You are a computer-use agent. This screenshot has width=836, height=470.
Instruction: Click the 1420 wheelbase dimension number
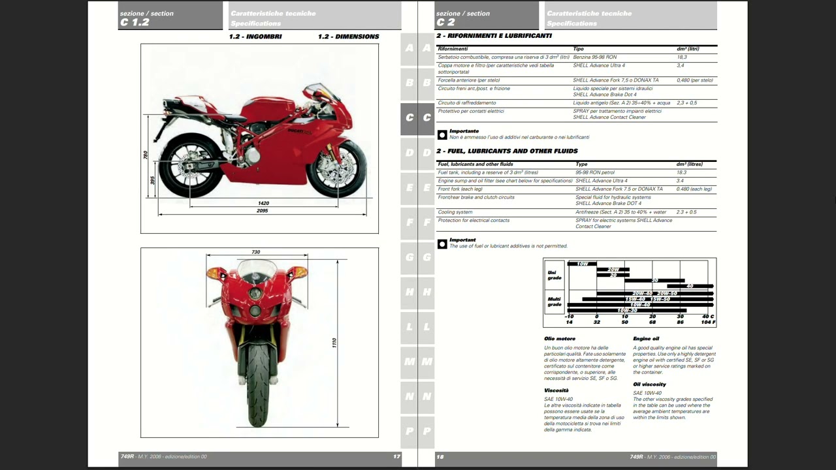(x=264, y=203)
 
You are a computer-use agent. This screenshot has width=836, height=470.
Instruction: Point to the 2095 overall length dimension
(x=263, y=211)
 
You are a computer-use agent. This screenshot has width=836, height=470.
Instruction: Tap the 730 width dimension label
(x=256, y=252)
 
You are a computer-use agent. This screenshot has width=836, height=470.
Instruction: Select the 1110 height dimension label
(x=334, y=343)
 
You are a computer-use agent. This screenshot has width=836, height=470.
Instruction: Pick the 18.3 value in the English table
(x=682, y=172)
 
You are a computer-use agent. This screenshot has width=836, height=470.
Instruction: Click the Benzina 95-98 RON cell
(x=594, y=57)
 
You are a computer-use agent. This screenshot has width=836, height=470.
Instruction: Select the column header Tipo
(x=578, y=49)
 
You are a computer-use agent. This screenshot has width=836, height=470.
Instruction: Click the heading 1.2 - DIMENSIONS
(x=348, y=37)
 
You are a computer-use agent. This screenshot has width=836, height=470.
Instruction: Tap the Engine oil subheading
(x=646, y=339)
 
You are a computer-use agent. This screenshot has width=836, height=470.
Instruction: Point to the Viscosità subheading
(x=556, y=390)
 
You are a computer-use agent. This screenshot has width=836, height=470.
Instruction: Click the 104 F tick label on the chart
(x=708, y=322)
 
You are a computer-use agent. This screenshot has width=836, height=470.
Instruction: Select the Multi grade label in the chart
(x=555, y=302)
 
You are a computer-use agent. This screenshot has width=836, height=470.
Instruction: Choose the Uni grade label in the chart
(x=555, y=275)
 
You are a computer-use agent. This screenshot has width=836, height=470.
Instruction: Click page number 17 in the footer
(x=396, y=456)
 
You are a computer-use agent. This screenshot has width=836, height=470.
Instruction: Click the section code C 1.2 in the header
(x=135, y=22)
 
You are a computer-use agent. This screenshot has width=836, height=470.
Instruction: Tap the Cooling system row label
(x=455, y=212)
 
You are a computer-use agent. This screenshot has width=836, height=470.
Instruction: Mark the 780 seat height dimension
(x=145, y=155)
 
